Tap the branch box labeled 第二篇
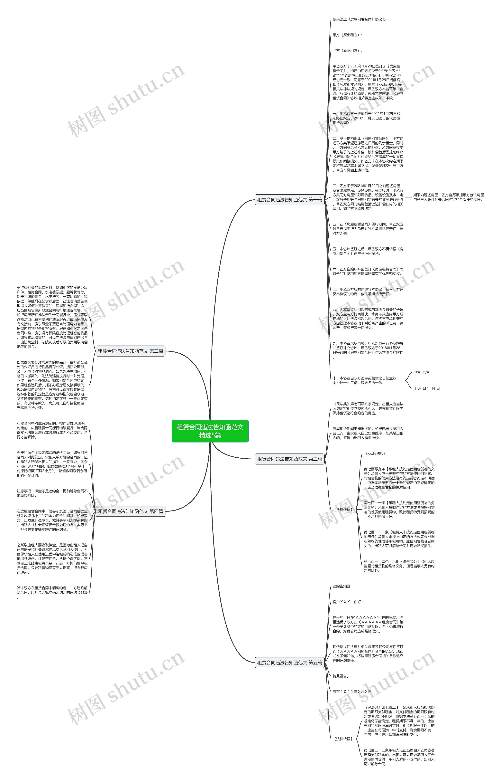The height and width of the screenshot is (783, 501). tap(131, 351)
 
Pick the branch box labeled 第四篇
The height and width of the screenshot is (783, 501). tap(131, 511)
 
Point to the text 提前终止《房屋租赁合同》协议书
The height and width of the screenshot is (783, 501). tap(359, 20)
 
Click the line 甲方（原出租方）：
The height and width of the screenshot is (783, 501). tap(347, 35)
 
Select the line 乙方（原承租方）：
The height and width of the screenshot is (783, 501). tap(347, 51)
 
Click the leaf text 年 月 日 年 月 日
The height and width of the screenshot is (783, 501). tap(426, 388)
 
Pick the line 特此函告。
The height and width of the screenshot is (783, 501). tap(341, 676)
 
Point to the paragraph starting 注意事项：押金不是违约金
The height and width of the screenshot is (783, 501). tap(52, 493)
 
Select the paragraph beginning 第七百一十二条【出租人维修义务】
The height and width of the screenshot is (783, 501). tap(399, 566)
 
